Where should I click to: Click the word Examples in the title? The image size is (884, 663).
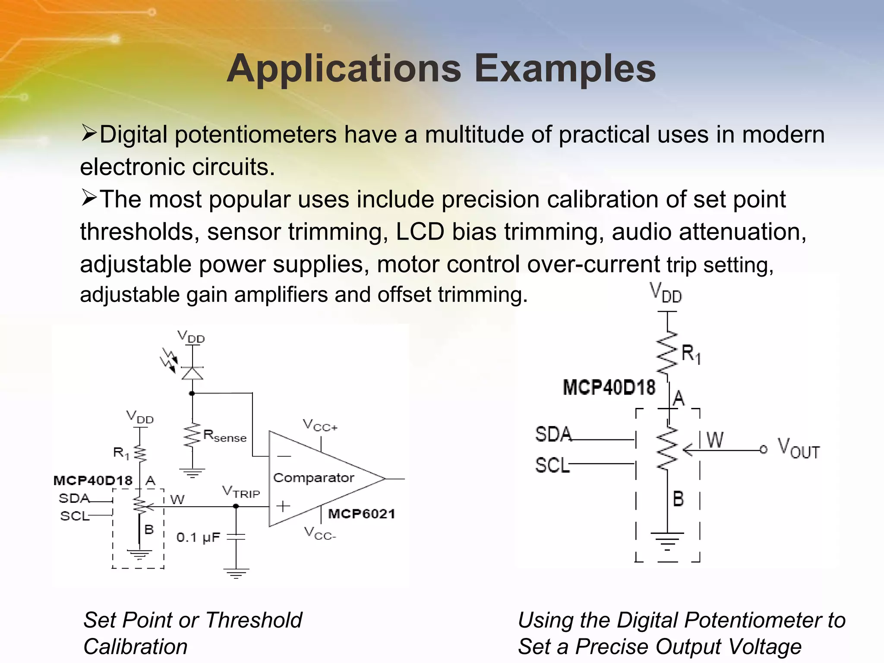pos(565,69)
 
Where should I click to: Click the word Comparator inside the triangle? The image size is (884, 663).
pos(313,478)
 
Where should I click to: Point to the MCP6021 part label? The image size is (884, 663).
pos(361,514)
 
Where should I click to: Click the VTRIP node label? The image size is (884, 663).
pos(241,492)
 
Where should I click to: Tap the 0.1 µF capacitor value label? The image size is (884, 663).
pos(198,537)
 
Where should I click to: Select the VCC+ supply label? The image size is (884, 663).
pos(320,425)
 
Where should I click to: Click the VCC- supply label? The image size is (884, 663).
pos(320,534)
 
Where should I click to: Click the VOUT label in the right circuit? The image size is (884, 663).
pos(799,449)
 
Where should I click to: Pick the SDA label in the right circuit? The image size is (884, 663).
pos(553,434)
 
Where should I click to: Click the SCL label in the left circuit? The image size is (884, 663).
pos(74,516)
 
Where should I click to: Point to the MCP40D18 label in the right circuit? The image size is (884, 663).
pos(609,387)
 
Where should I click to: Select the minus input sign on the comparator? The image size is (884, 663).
pos(284,456)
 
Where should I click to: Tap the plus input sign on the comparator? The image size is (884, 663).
pos(283,506)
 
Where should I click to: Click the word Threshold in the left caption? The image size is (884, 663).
pos(253,620)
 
